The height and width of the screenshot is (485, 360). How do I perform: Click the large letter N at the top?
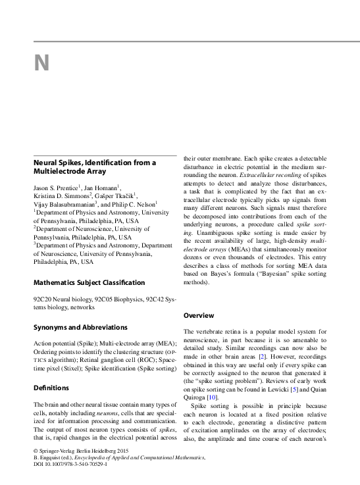(x=41, y=63)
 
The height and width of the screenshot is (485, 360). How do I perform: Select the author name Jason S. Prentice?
(x=55, y=188)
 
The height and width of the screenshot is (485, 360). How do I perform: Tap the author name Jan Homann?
(x=102, y=188)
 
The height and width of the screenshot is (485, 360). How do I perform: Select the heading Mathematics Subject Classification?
(x=89, y=283)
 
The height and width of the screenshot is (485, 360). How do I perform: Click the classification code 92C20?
(x=43, y=299)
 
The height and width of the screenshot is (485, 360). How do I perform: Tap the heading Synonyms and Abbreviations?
(x=80, y=327)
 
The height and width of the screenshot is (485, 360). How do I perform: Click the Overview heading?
(x=199, y=315)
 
